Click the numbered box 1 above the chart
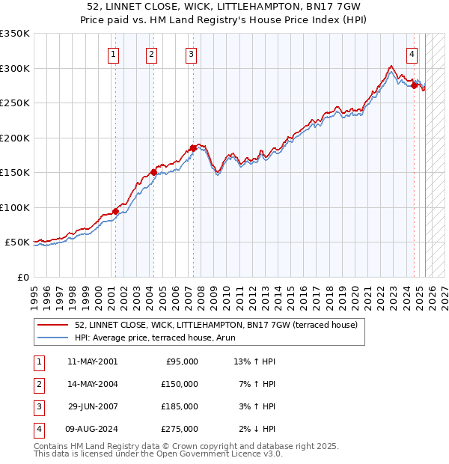click(x=113, y=54)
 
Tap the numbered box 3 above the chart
click(x=192, y=54)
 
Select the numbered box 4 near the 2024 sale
click(x=412, y=54)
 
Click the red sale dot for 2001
click(x=116, y=211)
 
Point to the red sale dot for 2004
click(x=153, y=172)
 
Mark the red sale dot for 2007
click(x=193, y=148)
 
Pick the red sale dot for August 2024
click(x=414, y=85)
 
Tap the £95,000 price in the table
click(x=182, y=361)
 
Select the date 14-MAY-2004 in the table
click(x=92, y=384)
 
